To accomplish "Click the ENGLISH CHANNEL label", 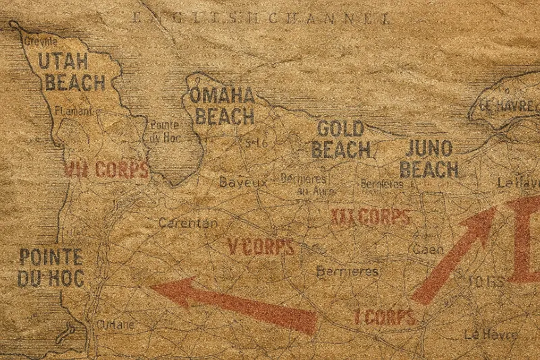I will click(260, 18).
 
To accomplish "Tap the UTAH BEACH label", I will click(72, 72).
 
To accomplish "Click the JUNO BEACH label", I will click(430, 159).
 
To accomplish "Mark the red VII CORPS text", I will click(106, 170).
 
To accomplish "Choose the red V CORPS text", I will click(261, 247).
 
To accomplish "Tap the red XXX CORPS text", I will click(371, 217).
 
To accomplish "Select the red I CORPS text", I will click(385, 317).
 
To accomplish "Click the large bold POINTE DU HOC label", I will click(51, 267).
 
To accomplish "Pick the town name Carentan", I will click(188, 222).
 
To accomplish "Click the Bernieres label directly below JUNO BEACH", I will click(382, 183).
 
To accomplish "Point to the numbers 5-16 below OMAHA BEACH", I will click(256, 142).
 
